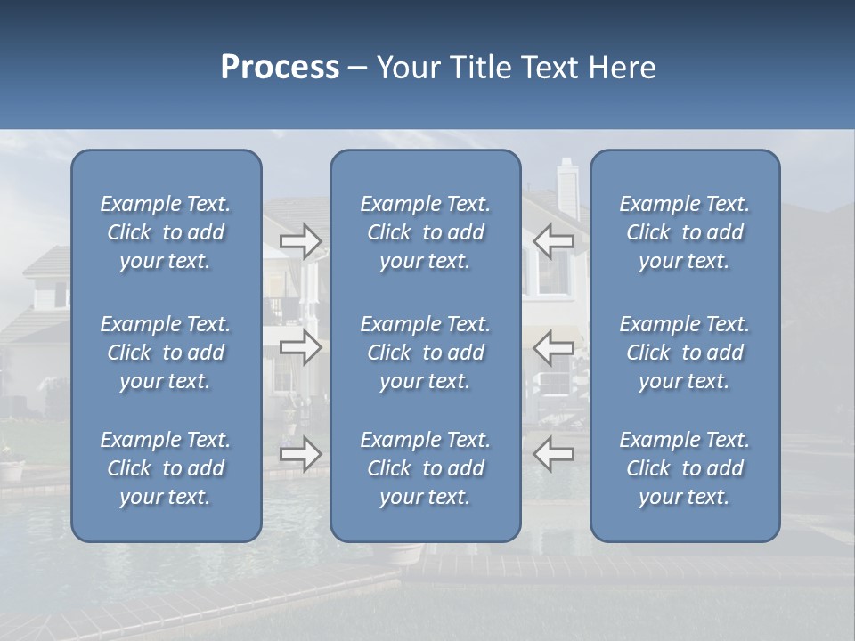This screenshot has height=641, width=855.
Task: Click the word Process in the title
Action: (280, 68)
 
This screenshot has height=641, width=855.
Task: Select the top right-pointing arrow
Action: (301, 241)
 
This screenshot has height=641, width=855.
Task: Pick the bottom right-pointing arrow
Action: (301, 454)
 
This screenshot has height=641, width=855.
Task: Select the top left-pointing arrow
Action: (554, 241)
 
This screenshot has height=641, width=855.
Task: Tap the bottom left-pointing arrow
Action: (554, 454)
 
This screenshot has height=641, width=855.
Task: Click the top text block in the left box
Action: (166, 232)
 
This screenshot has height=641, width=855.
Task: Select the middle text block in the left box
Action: (166, 353)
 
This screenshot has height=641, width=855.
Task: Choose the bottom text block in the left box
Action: (166, 468)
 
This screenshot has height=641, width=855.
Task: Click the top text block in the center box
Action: (425, 232)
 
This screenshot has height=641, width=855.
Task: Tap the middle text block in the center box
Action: (425, 353)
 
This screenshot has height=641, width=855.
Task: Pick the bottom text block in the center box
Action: (425, 468)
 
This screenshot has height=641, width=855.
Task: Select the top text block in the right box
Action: (684, 232)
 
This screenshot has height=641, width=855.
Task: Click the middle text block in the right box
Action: (684, 353)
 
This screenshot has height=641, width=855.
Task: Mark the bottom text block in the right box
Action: (684, 468)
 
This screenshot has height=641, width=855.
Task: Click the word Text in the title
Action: (551, 68)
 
